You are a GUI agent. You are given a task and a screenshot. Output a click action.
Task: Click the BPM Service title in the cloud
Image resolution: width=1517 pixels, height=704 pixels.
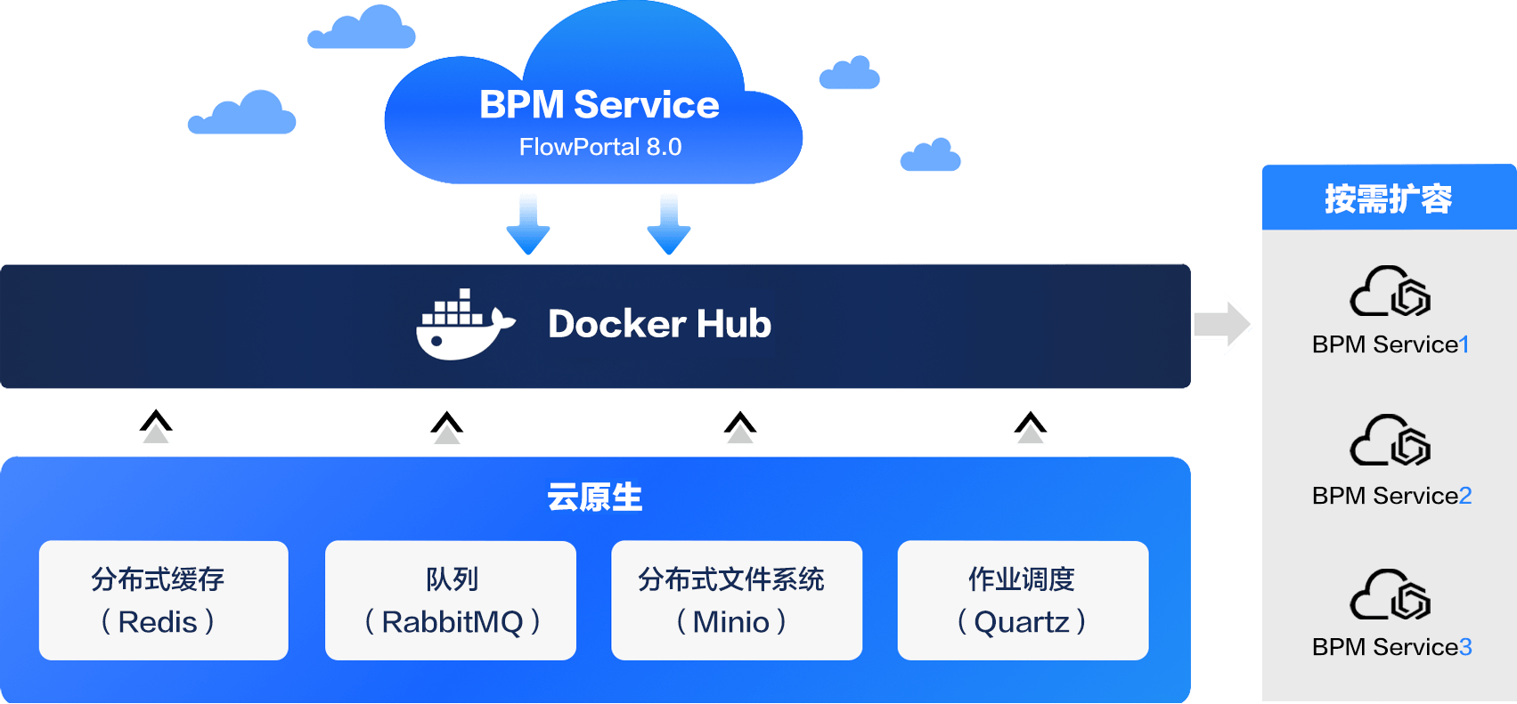pyautogui.click(x=599, y=105)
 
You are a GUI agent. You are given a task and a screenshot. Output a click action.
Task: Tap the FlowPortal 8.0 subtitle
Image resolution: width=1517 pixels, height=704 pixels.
pyautogui.click(x=599, y=147)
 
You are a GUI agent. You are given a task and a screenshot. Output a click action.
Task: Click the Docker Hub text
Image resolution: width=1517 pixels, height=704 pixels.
pyautogui.click(x=659, y=324)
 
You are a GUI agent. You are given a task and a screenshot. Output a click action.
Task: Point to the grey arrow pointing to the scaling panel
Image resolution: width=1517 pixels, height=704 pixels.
pyautogui.click(x=1222, y=324)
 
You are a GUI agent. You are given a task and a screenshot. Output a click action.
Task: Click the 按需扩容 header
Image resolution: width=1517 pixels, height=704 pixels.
pyautogui.click(x=1388, y=198)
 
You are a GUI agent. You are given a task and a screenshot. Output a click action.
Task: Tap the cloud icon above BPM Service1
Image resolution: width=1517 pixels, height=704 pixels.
pyautogui.click(x=1390, y=291)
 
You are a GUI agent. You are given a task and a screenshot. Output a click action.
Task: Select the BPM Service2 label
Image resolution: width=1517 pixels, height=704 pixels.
pyautogui.click(x=1391, y=496)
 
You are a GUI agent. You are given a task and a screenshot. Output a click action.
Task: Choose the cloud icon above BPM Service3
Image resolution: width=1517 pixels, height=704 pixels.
pyautogui.click(x=1390, y=595)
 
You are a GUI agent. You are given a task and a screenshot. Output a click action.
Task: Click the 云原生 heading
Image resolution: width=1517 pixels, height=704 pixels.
pyautogui.click(x=595, y=498)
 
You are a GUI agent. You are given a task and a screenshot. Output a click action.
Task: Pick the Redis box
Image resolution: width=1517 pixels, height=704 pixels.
pyautogui.click(x=163, y=601)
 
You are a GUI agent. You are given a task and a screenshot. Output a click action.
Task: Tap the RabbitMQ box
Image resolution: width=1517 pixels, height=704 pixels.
pyautogui.click(x=451, y=601)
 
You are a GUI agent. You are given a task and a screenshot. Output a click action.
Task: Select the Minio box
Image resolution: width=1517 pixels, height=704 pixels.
pyautogui.click(x=737, y=601)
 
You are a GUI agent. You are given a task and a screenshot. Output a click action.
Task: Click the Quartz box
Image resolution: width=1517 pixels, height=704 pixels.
pyautogui.click(x=1023, y=601)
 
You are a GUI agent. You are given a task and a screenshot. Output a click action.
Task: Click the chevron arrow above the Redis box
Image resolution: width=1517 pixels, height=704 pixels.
pyautogui.click(x=157, y=426)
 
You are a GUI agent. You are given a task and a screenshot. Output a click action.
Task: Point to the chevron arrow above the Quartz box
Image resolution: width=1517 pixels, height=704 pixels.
pyautogui.click(x=1031, y=427)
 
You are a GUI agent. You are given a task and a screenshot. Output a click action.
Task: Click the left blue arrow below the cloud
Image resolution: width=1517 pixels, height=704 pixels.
pyautogui.click(x=528, y=224)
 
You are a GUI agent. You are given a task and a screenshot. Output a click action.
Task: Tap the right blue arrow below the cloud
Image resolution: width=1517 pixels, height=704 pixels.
pyautogui.click(x=669, y=224)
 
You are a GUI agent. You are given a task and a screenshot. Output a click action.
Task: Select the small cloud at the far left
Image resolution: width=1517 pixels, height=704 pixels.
pyautogui.click(x=241, y=114)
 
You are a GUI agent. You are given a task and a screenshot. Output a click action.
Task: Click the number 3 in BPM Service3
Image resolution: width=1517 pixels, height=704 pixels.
pyautogui.click(x=1465, y=647)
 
